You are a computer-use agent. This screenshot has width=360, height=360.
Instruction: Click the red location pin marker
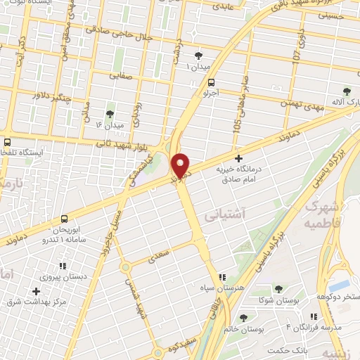click(181, 165)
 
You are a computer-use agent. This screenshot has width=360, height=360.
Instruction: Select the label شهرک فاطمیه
click(323, 215)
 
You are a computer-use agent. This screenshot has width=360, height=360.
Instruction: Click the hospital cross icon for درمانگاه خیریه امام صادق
click(239, 159)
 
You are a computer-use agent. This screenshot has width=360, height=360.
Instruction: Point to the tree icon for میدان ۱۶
click(109, 113)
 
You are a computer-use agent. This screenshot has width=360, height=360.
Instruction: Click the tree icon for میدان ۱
click(198, 55)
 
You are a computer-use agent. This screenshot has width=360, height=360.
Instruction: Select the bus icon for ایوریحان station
click(64, 219)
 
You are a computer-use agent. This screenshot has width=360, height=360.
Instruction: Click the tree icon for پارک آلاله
click(346, 91)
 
